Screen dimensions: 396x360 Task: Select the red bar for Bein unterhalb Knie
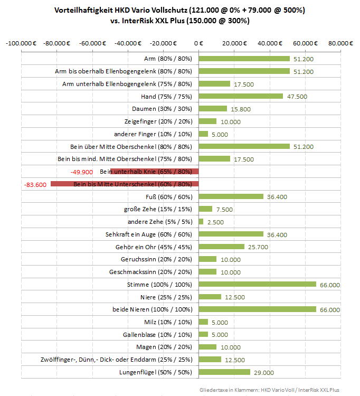(x=154, y=171)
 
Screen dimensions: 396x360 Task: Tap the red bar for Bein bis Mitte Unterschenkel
(x=125, y=184)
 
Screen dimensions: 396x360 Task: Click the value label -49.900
(x=82, y=172)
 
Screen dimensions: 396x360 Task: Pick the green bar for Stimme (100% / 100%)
(x=257, y=284)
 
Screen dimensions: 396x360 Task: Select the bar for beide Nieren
(x=257, y=309)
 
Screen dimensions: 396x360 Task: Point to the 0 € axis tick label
(x=198, y=43)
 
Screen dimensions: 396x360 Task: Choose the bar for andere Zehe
(x=201, y=221)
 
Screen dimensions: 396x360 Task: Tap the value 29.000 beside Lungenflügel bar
(x=264, y=373)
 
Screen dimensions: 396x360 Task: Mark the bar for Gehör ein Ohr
(x=221, y=247)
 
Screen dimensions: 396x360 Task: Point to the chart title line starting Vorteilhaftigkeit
(x=179, y=10)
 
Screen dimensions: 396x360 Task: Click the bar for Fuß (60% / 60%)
(x=231, y=196)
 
